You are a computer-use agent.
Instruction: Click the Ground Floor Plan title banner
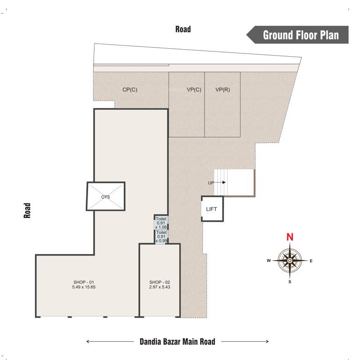click(x=300, y=35)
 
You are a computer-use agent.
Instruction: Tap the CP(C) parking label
click(x=130, y=90)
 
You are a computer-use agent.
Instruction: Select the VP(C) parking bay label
click(x=194, y=90)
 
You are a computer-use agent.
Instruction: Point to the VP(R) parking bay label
click(x=222, y=90)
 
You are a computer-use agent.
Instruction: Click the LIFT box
click(x=212, y=209)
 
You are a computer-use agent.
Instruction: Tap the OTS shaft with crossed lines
click(x=105, y=197)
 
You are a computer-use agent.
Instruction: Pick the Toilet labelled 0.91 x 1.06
click(x=161, y=223)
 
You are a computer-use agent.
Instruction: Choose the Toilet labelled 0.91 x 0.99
click(x=161, y=236)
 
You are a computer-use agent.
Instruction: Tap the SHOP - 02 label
click(x=160, y=281)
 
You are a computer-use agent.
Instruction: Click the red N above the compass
click(x=290, y=237)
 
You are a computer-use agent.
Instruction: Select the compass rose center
click(x=290, y=261)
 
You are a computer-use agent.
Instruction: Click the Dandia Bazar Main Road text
click(x=177, y=341)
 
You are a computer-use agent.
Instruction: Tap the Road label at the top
click(x=183, y=29)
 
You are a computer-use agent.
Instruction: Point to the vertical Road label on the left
click(x=28, y=210)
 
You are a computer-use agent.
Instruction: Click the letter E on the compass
click(x=311, y=261)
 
